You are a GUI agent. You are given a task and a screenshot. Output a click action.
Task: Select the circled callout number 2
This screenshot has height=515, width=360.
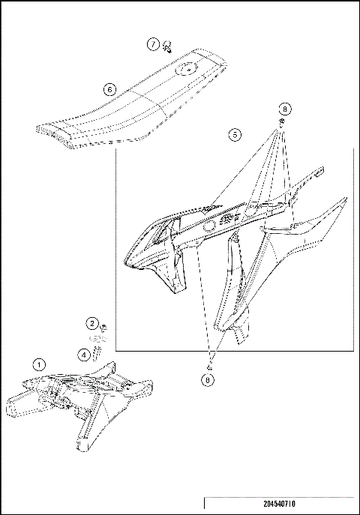(91, 324)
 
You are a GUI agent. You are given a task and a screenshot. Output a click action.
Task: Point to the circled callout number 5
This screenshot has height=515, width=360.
(235, 135)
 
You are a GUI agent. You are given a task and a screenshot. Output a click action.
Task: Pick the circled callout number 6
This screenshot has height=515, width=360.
(109, 88)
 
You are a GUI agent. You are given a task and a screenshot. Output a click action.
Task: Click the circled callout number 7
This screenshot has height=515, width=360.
(153, 44)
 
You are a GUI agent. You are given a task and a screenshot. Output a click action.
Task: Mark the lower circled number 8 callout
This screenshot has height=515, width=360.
(207, 381)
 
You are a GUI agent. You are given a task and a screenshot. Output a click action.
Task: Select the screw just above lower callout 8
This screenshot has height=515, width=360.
(211, 367)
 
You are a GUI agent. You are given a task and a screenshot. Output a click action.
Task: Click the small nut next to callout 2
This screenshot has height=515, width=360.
(102, 328)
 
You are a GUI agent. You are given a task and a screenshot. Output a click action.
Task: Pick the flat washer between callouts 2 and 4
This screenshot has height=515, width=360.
(103, 339)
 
